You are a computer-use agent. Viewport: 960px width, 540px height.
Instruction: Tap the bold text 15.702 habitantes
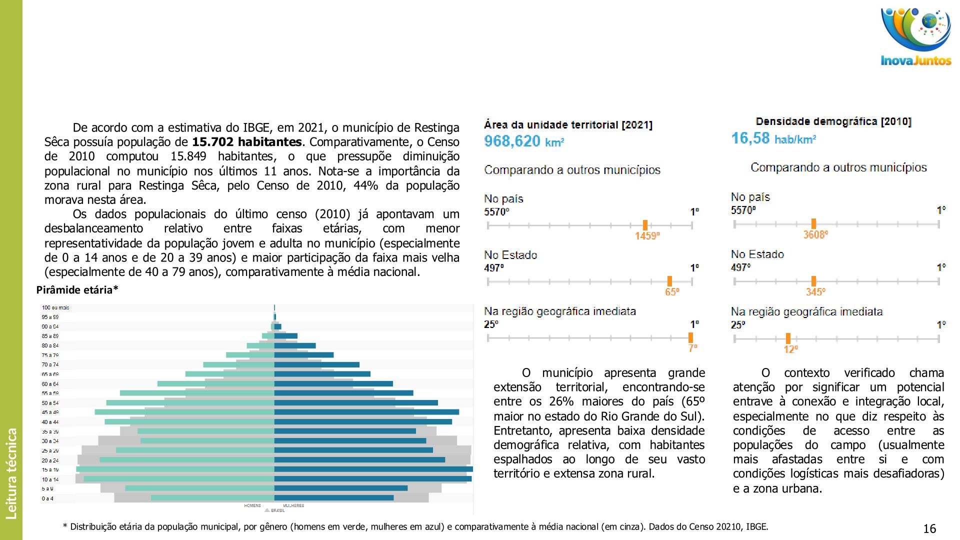[246, 142]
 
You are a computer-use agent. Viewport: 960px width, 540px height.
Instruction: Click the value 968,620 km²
[523, 141]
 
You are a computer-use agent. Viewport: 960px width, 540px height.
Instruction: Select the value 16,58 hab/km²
[773, 138]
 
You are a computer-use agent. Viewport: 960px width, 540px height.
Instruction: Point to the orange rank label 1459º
[647, 235]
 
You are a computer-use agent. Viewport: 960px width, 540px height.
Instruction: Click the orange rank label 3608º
[815, 234]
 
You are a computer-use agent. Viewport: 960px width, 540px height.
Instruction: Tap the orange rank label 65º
[671, 292]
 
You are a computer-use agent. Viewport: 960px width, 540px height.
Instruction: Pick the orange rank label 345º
[815, 292]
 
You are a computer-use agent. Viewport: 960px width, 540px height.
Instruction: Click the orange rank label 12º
[790, 349]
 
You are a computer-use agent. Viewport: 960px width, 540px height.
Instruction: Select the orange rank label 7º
[692, 348]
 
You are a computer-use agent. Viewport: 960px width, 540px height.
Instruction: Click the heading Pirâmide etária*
[77, 290]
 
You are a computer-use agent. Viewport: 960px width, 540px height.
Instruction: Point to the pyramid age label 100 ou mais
[55, 307]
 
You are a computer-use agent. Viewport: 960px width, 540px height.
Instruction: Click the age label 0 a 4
[47, 498]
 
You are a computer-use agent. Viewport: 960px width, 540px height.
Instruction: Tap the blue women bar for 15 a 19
[373, 469]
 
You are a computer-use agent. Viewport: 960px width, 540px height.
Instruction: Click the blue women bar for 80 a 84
[294, 345]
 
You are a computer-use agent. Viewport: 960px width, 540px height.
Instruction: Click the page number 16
[929, 528]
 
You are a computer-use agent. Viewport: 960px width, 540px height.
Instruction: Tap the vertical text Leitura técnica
[11, 473]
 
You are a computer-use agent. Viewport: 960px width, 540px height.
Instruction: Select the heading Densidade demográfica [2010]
[833, 121]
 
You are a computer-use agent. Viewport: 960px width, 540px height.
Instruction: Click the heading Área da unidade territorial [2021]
[568, 125]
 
